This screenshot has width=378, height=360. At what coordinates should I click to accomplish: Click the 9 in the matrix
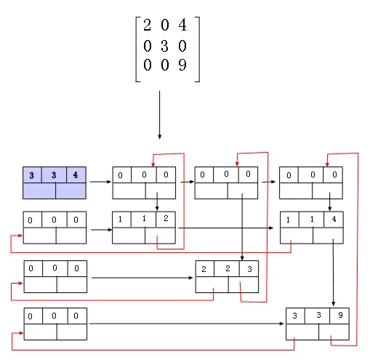click(182, 65)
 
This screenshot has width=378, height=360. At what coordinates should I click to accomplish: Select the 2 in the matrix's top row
click(147, 25)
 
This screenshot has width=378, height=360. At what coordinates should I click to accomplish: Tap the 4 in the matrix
click(182, 25)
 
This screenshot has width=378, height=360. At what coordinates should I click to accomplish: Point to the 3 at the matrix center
click(164, 46)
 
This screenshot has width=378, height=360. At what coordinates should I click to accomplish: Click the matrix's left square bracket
click(136, 49)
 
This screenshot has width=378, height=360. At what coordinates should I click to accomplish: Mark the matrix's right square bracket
click(199, 49)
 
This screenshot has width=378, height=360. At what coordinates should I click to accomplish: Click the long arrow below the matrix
click(159, 115)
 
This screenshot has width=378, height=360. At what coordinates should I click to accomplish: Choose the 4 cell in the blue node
click(76, 175)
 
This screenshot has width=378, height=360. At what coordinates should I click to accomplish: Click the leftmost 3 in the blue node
click(32, 175)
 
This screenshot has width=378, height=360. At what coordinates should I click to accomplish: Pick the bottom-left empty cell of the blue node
click(39, 191)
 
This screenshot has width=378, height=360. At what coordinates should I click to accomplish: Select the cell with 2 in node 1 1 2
click(166, 219)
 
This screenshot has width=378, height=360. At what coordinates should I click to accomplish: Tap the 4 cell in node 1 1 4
click(334, 219)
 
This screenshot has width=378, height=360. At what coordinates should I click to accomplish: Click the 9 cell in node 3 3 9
click(339, 316)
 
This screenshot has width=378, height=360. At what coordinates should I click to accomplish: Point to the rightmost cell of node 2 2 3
click(249, 268)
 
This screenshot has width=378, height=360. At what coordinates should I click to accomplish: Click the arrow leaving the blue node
click(100, 182)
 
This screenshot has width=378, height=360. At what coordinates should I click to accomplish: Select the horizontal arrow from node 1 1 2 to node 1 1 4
click(226, 228)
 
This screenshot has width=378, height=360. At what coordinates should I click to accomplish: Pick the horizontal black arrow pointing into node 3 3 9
click(187, 324)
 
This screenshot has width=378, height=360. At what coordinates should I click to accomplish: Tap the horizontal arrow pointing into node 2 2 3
click(142, 278)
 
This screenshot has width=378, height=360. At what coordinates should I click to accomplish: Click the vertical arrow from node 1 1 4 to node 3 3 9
click(333, 272)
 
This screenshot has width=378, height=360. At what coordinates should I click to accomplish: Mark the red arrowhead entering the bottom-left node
click(21, 333)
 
